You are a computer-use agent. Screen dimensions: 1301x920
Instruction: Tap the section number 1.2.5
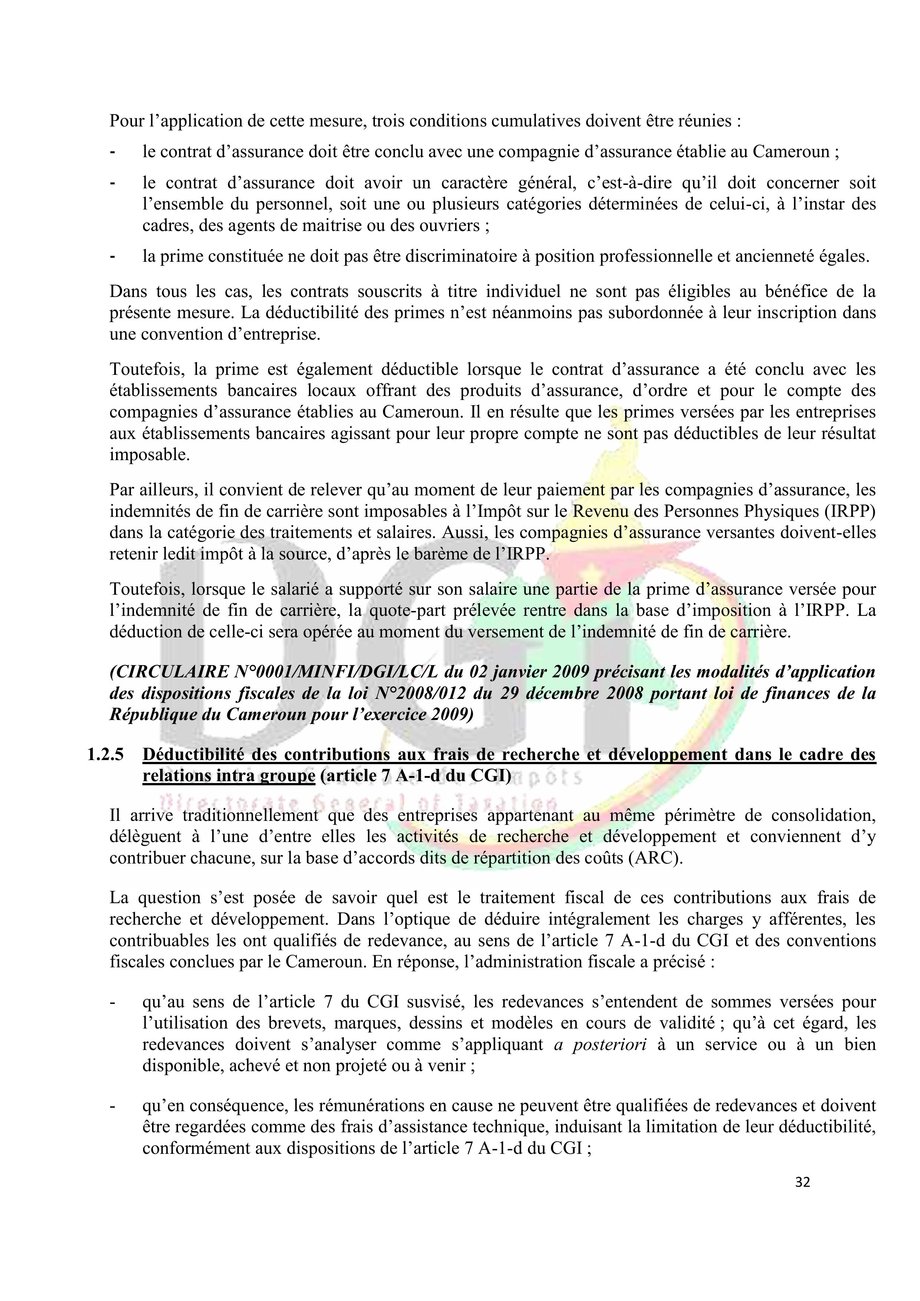(105, 755)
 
